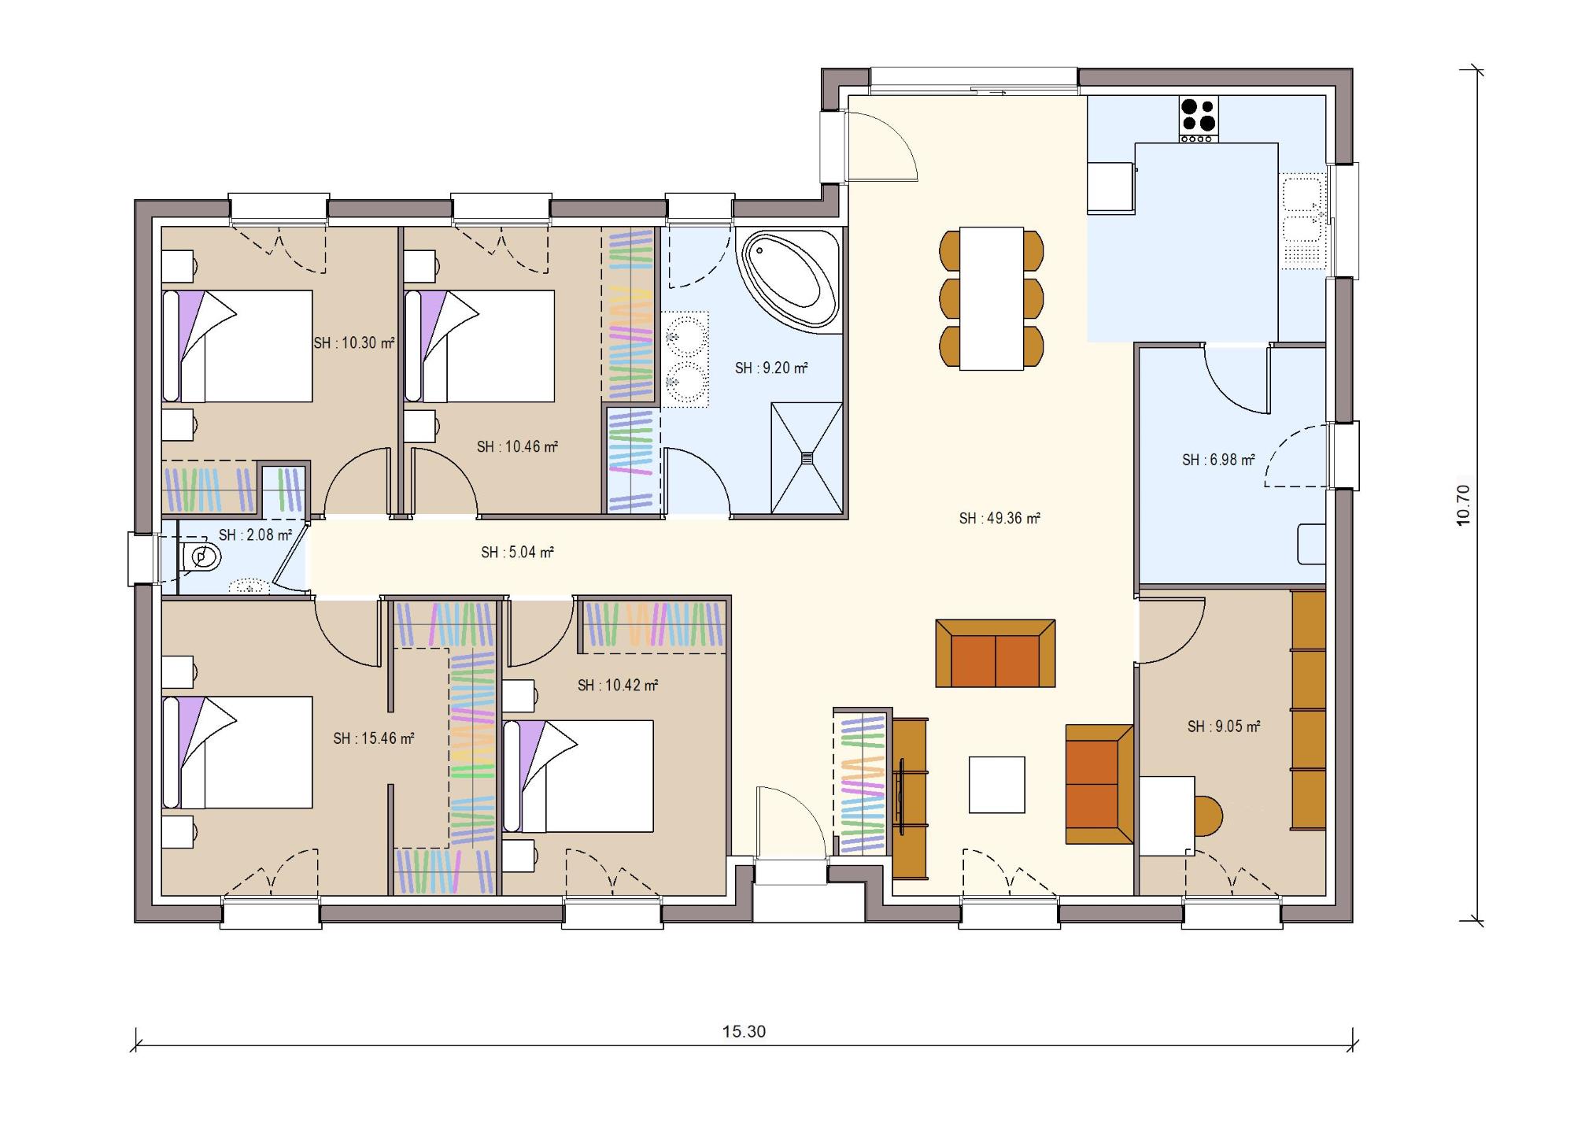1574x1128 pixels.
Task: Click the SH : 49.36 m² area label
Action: [x=999, y=518]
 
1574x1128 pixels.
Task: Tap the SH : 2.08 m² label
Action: [x=255, y=534]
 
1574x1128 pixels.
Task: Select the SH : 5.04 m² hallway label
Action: [x=517, y=552]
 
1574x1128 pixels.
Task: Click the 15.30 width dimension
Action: [x=744, y=1031]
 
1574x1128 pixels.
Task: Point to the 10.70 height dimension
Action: [x=1463, y=505]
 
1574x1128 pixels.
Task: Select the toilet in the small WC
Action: [x=201, y=557]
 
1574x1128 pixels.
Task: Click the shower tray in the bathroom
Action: [x=807, y=457]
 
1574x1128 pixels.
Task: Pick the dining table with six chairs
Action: [x=991, y=298]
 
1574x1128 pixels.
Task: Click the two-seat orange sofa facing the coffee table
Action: [x=995, y=654]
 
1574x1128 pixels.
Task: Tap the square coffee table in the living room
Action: [x=996, y=784]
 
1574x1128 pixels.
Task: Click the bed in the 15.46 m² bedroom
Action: [x=237, y=752]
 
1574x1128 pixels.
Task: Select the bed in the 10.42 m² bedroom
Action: [x=578, y=775]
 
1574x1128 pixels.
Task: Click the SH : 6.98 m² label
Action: [x=1217, y=460]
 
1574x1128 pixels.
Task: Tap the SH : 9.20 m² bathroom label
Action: [x=770, y=368]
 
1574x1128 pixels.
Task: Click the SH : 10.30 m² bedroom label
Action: [x=353, y=342]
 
